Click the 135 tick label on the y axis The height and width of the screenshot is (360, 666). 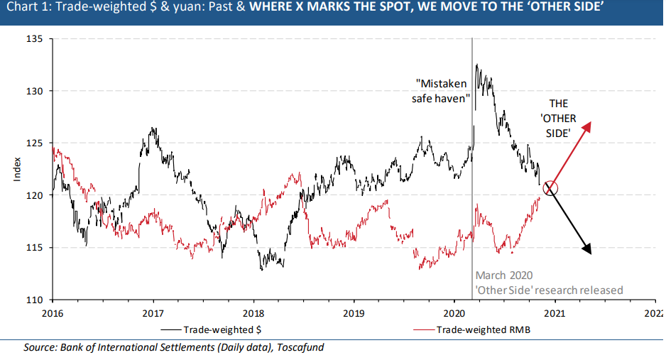tap(36, 39)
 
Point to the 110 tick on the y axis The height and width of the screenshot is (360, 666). tap(36, 300)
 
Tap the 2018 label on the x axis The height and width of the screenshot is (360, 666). tap(253, 312)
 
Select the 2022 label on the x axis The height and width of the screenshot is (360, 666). tap(654, 312)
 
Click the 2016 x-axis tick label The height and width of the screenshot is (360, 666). tap(53, 312)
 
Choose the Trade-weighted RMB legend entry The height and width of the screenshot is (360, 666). tap(476, 329)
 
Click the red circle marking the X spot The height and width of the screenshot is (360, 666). tap(551, 188)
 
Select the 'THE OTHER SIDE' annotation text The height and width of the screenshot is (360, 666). tap(558, 118)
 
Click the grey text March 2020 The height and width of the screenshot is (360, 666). tap(503, 276)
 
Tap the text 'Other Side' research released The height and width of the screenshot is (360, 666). tap(549, 290)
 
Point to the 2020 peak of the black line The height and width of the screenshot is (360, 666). tap(476, 65)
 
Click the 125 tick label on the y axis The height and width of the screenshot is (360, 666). tap(36, 143)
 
